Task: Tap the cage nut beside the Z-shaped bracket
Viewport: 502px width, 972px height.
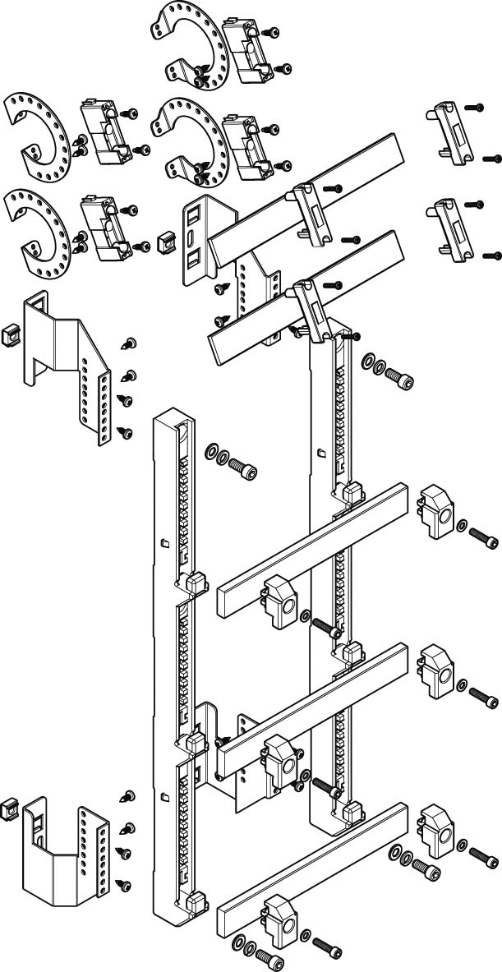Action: point(12,334)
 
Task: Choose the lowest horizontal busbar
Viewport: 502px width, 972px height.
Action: point(312,867)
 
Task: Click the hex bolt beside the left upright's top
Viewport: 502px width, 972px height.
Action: point(244,471)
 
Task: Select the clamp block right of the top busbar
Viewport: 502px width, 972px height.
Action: point(434,511)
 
